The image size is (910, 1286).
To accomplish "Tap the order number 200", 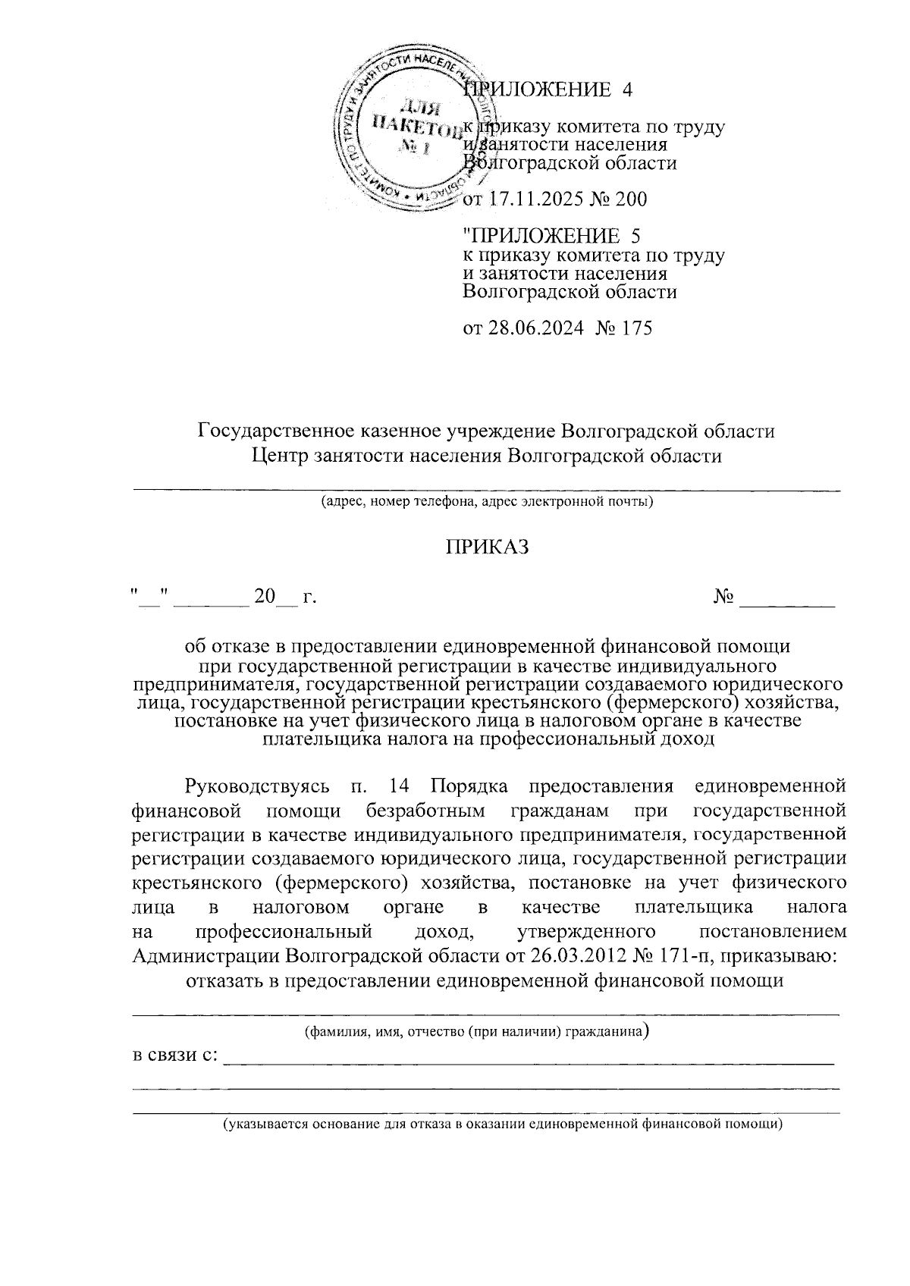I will (x=631, y=200).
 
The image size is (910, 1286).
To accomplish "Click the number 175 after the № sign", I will (x=635, y=328).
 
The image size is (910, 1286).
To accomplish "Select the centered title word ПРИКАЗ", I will (x=486, y=547).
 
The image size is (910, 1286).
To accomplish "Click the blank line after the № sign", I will (x=786, y=599).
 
